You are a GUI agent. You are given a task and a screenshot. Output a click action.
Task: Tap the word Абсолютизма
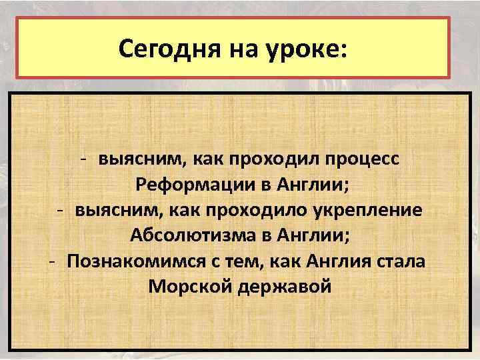(177, 235)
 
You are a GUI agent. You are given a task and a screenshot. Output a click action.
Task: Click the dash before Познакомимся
(51, 260)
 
